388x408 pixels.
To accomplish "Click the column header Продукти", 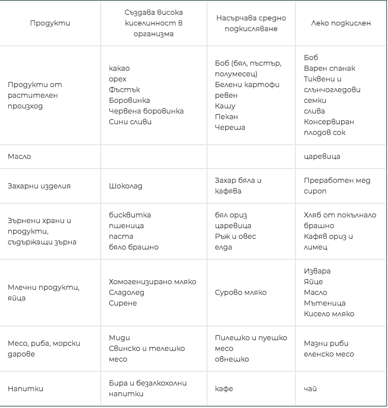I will [x=50, y=23].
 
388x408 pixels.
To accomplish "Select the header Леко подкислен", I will [x=341, y=23].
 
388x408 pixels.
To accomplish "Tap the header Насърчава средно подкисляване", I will [x=251, y=23].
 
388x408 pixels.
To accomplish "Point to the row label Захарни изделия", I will [x=39, y=186].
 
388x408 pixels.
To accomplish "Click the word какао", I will [x=119, y=68].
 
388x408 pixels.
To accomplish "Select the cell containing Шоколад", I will [x=126, y=186].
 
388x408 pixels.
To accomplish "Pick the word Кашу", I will [x=225, y=106].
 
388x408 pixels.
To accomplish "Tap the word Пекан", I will [x=226, y=117].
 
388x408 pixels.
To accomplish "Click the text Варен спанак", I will [x=330, y=68].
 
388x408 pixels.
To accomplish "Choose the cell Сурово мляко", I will [x=241, y=292].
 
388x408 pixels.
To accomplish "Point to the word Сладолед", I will [x=127, y=292].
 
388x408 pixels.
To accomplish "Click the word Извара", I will [x=317, y=271].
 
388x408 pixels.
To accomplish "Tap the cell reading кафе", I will [x=224, y=389].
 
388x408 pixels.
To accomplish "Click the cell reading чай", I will [x=310, y=389].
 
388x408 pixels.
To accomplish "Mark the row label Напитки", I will [x=25, y=389].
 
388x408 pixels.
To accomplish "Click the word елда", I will [x=223, y=247].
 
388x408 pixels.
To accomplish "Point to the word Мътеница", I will [x=324, y=303].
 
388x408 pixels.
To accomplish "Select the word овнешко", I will [x=232, y=359].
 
